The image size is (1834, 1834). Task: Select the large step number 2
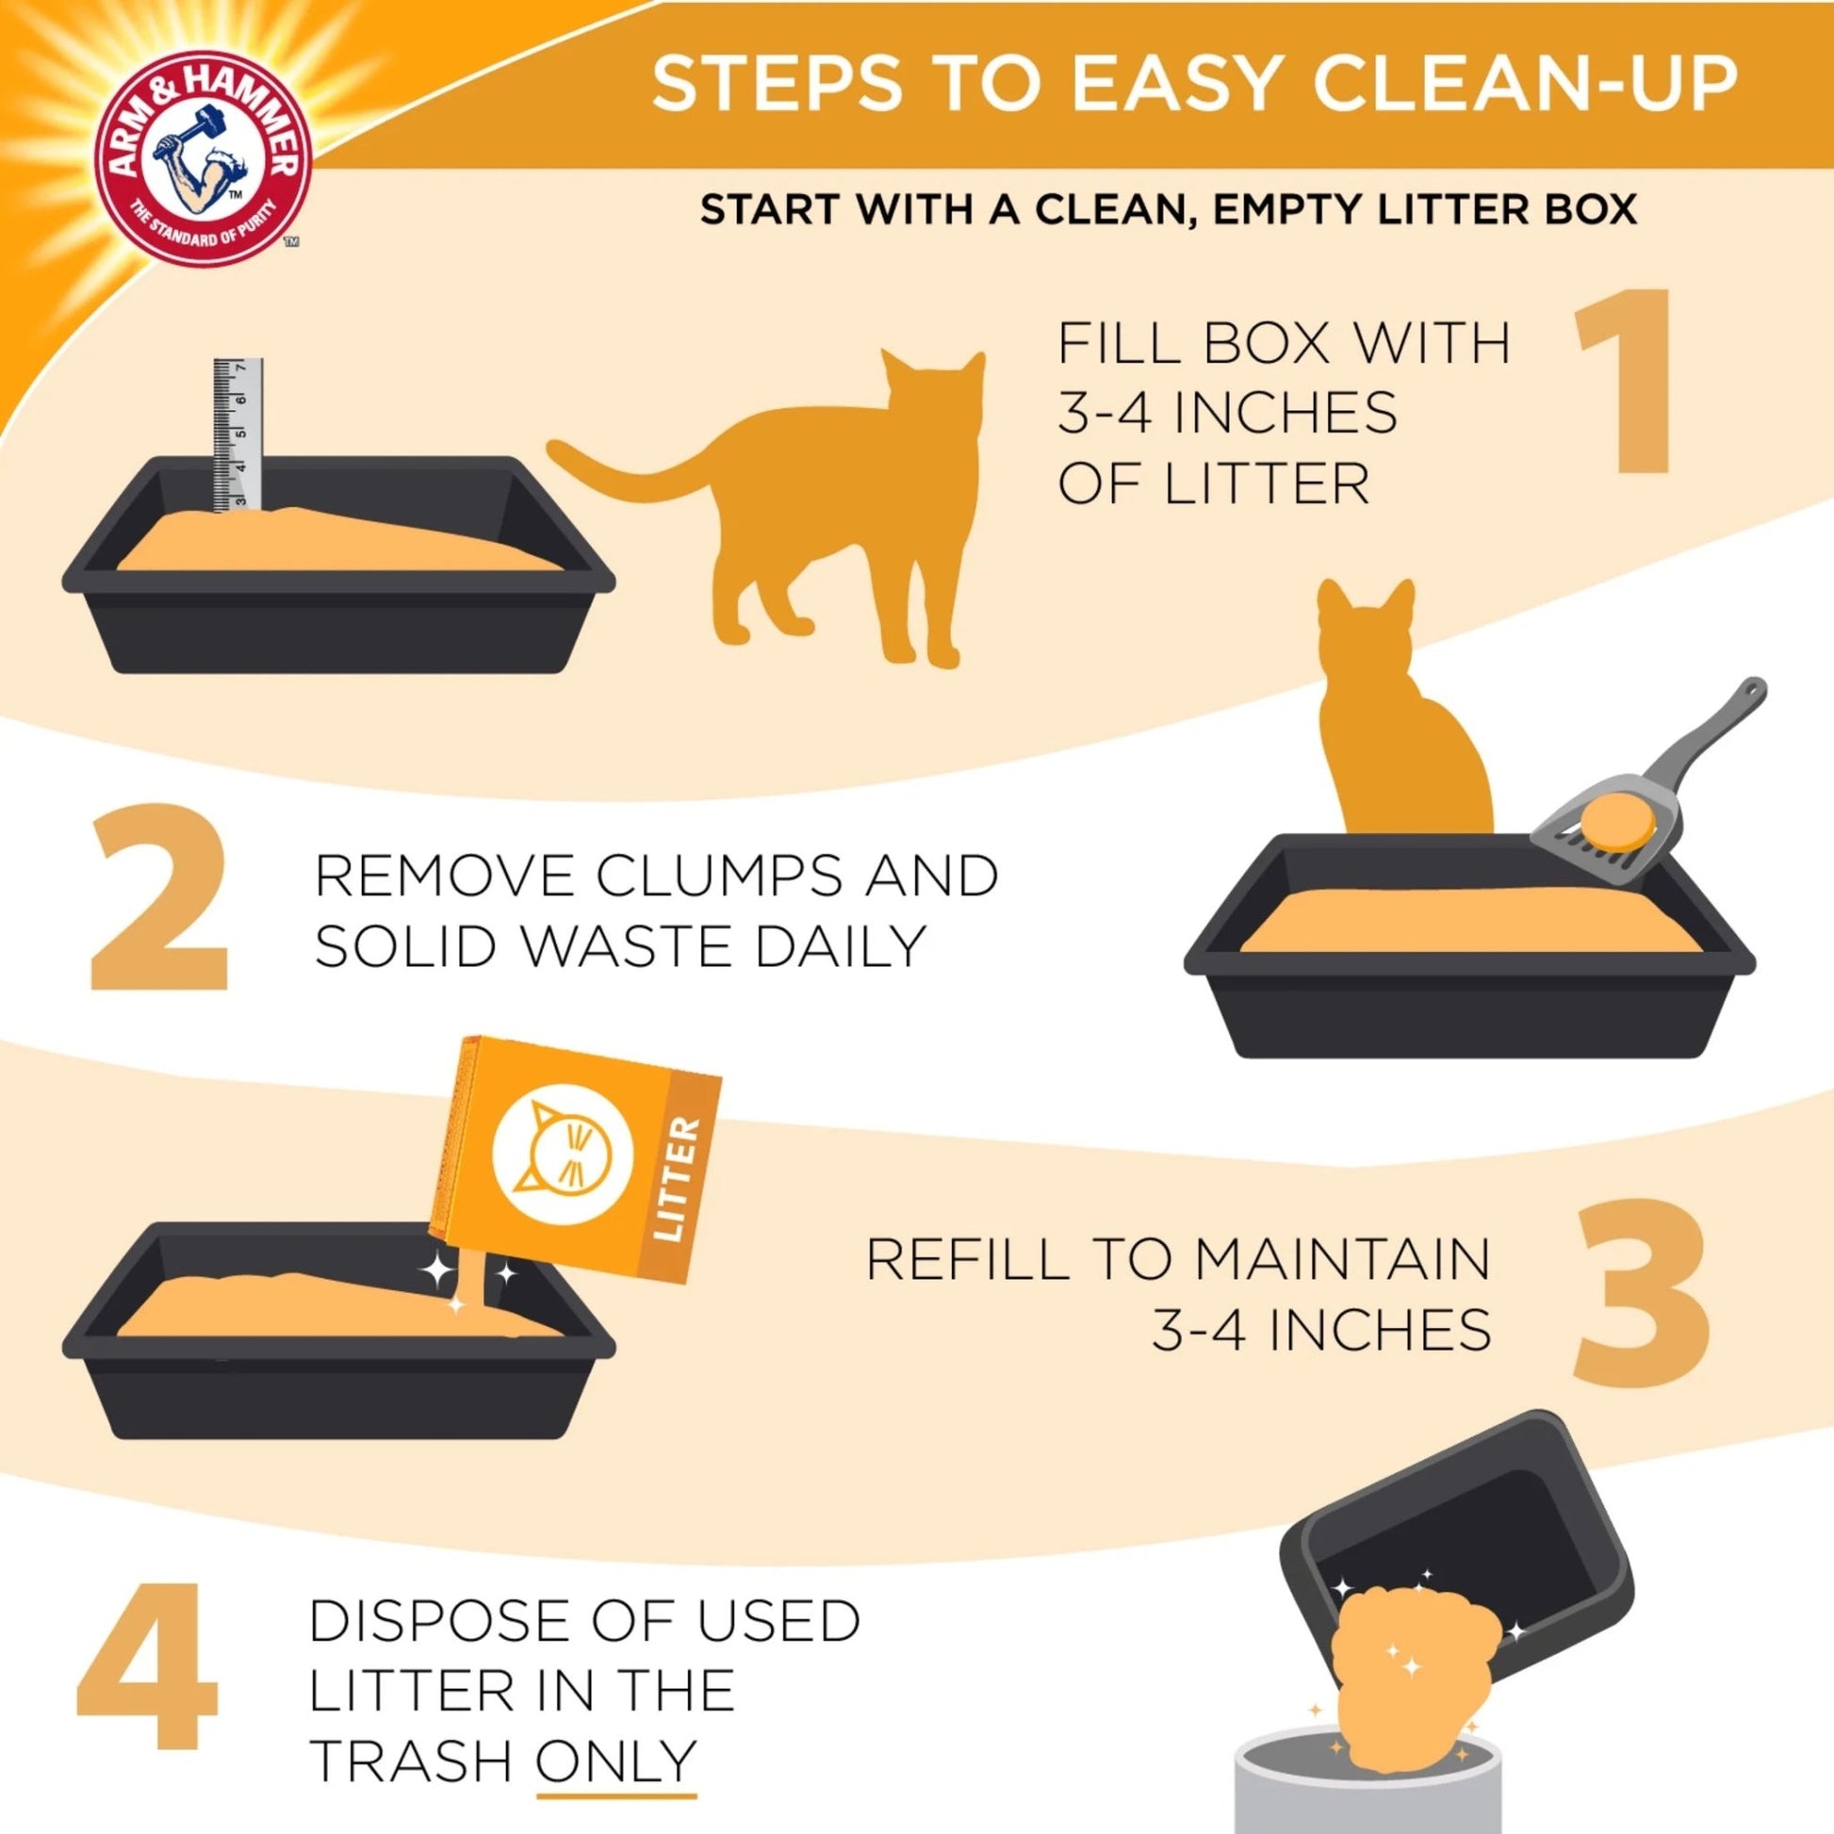pos(159,895)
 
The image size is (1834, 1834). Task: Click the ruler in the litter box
pos(237,436)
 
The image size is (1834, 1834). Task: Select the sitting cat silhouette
pos(1396,731)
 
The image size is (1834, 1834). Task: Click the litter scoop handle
pos(1699,741)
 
